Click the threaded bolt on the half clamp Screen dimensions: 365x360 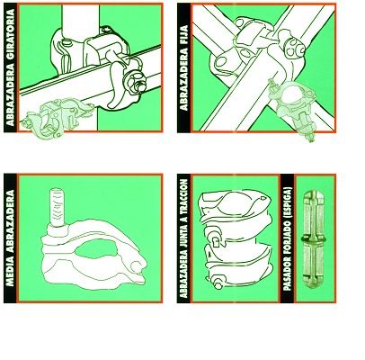pos(57,208)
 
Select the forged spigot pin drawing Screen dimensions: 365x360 pos(314,239)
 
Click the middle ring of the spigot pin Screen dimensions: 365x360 pos(314,239)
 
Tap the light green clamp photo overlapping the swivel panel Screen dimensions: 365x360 pos(57,118)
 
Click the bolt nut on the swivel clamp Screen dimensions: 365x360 pos(135,82)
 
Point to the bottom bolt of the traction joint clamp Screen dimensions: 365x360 pos(218,283)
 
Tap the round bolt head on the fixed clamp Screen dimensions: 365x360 pos(294,49)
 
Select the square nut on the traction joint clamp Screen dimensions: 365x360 pos(216,241)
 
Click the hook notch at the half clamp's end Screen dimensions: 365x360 pos(137,266)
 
